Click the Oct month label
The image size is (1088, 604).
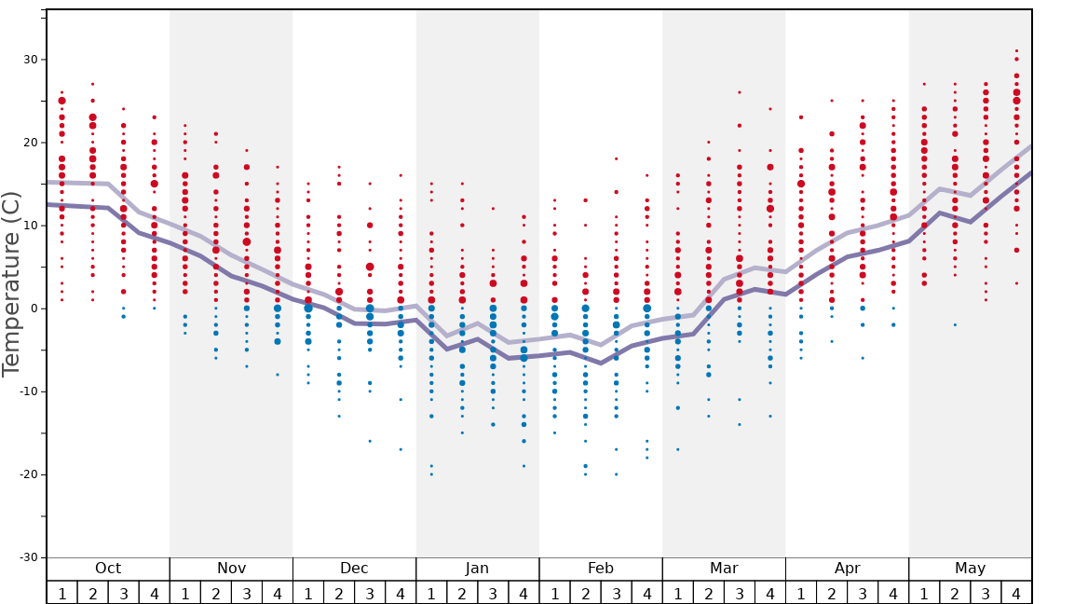(108, 569)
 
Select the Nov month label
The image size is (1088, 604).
(231, 569)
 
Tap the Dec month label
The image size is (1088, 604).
(354, 569)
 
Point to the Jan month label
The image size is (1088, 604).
(477, 569)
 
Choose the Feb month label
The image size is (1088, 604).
(601, 569)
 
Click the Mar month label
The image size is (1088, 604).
(724, 569)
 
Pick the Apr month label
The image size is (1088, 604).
(847, 569)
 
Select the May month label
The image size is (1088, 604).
(970, 569)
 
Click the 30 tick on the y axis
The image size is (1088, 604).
(30, 60)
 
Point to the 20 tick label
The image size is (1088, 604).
(30, 143)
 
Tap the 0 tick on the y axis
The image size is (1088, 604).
(34, 309)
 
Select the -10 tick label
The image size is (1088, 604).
(27, 391)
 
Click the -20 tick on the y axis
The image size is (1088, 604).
(27, 474)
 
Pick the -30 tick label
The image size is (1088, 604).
(27, 557)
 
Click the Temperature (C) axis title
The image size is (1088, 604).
(11, 283)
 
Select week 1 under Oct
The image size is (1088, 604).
(61, 593)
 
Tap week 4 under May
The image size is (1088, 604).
(1016, 593)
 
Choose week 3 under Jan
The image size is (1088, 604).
(493, 593)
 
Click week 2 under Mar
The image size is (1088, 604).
(708, 593)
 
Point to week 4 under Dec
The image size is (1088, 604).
(401, 593)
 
